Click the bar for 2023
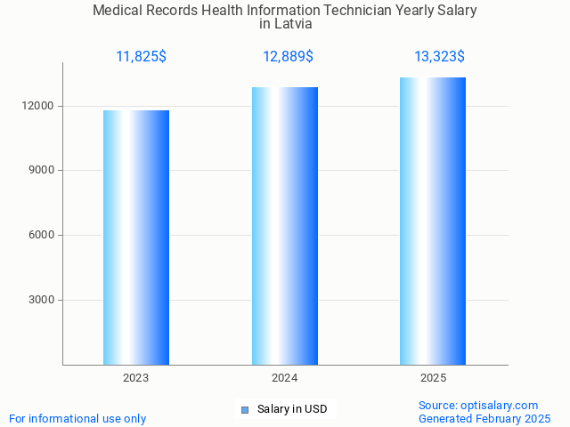pyautogui.click(x=136, y=238)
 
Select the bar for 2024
pyautogui.click(x=285, y=226)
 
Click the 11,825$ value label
pyautogui.click(x=141, y=57)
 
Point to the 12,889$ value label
pyautogui.click(x=288, y=57)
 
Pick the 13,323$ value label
pyautogui.click(x=439, y=57)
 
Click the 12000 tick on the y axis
pyautogui.click(x=38, y=106)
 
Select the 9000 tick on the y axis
pyautogui.click(x=41, y=171)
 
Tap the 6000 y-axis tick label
pyautogui.click(x=41, y=236)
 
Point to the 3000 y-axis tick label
pyautogui.click(x=41, y=300)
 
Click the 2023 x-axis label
pyautogui.click(x=136, y=379)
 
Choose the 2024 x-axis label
pyautogui.click(x=285, y=379)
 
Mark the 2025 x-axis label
pyautogui.click(x=434, y=379)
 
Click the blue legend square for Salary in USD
pyautogui.click(x=245, y=410)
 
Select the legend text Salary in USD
pyautogui.click(x=292, y=410)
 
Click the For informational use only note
pyautogui.click(x=77, y=419)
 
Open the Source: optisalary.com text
pyautogui.click(x=478, y=406)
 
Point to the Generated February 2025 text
pyautogui.click(x=484, y=419)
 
